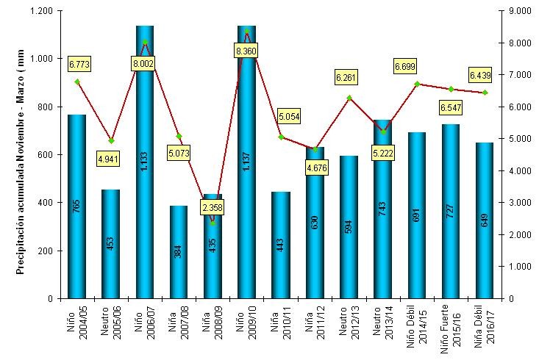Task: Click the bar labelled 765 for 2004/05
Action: coord(76,206)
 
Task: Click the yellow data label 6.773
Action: coord(79,65)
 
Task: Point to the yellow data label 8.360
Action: coord(247,51)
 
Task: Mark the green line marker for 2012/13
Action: coord(349,98)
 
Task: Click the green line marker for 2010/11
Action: coord(281,137)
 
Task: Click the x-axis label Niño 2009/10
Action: coord(247,326)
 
